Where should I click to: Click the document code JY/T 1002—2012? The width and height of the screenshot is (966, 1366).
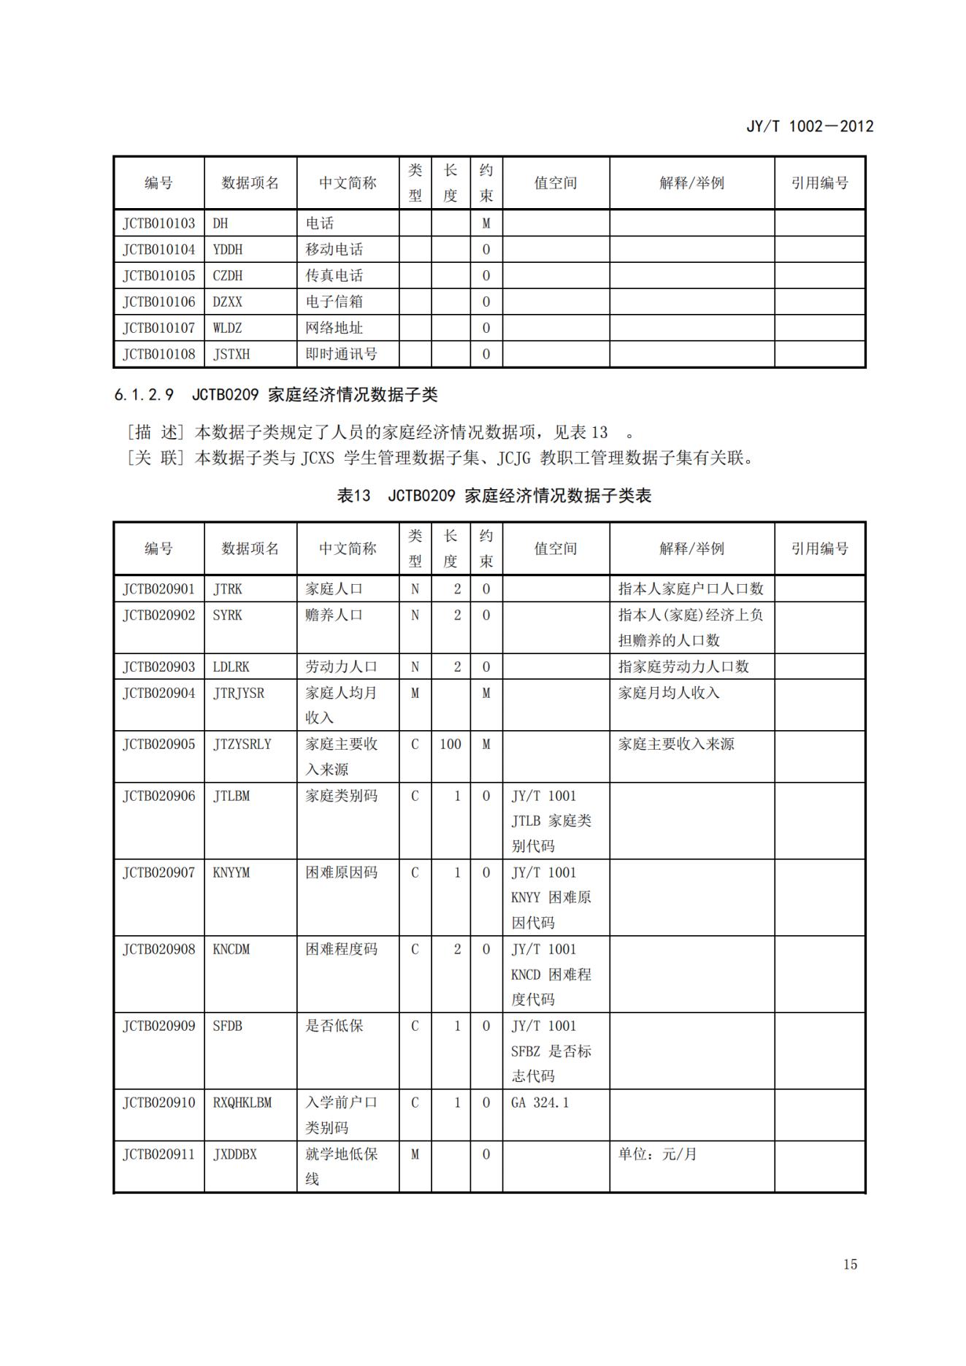click(809, 126)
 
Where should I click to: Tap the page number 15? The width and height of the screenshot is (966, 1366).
click(849, 1264)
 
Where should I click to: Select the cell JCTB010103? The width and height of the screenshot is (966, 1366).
click(159, 223)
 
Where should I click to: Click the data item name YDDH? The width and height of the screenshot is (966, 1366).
click(227, 250)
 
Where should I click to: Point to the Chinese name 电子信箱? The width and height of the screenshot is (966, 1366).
click(334, 302)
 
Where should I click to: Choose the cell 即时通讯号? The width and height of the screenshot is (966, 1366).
click(341, 354)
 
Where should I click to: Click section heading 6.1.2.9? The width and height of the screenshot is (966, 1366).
click(144, 395)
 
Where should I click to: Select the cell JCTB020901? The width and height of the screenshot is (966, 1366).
click(159, 589)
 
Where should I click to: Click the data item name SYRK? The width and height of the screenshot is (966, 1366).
click(227, 615)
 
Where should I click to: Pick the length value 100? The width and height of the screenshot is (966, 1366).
click(450, 744)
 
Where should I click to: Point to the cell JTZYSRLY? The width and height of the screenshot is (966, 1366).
click(242, 744)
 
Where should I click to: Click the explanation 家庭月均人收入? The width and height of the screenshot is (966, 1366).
click(668, 693)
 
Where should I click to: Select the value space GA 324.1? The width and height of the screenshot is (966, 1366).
click(540, 1102)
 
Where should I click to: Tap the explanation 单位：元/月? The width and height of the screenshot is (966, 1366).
click(657, 1154)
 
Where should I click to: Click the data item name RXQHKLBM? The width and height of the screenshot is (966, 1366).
click(242, 1102)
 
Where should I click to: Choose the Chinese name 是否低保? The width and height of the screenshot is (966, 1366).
click(334, 1026)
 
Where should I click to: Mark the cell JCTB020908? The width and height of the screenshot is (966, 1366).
click(159, 949)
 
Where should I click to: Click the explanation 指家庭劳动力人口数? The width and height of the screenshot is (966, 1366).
click(683, 667)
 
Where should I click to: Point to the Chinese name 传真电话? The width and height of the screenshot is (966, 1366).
click(334, 276)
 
